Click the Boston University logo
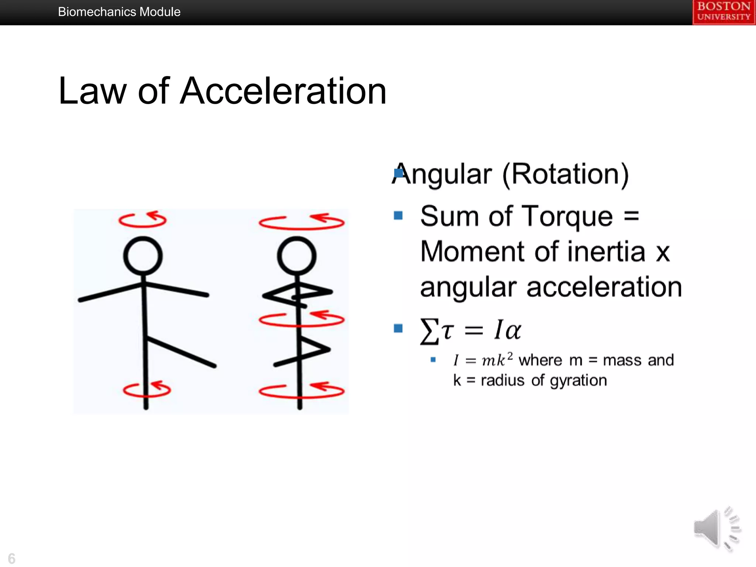(x=724, y=12)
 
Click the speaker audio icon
(x=716, y=529)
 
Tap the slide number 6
(x=11, y=558)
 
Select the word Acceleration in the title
(x=283, y=91)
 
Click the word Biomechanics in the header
(x=97, y=12)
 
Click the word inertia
(x=606, y=252)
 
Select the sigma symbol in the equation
(x=429, y=331)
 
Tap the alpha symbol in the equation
(x=512, y=330)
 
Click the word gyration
(x=578, y=381)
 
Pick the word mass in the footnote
(x=623, y=360)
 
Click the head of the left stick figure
(x=143, y=256)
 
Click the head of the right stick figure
(x=296, y=256)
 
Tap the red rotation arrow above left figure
(x=142, y=220)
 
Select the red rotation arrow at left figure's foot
(x=147, y=390)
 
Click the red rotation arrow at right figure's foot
(x=302, y=391)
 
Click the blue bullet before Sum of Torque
(x=398, y=215)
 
